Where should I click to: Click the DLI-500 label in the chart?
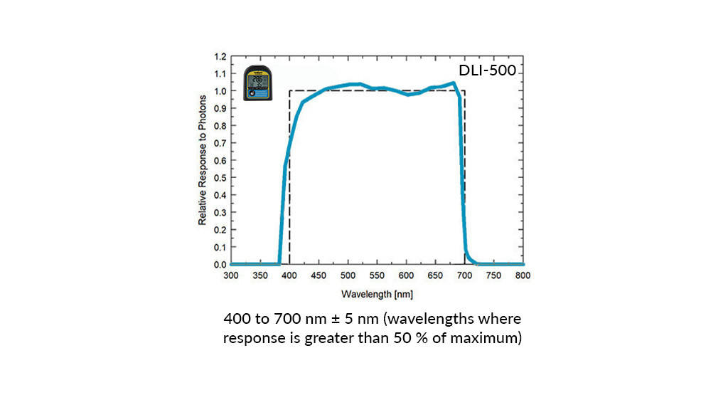[487, 71]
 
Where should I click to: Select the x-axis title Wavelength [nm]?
[377, 293]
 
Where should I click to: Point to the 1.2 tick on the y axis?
[220, 57]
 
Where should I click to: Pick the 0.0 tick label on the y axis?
[220, 265]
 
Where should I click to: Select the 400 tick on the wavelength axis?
[289, 275]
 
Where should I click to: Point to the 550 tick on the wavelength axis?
[377, 275]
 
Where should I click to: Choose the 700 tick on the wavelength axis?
[464, 275]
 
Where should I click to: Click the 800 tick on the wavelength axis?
[523, 275]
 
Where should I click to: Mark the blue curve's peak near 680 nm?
[454, 83]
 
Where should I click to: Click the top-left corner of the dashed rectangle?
[289, 91]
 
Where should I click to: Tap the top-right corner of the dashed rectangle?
[464, 91]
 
